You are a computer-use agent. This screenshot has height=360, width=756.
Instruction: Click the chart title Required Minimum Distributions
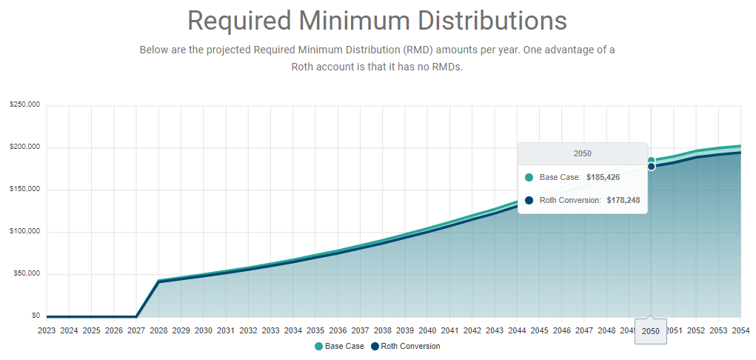(377, 21)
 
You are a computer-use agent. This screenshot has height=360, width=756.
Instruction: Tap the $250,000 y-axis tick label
(25, 105)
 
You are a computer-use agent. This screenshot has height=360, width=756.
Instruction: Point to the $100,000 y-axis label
(25, 232)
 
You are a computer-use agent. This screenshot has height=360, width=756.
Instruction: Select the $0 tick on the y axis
(36, 316)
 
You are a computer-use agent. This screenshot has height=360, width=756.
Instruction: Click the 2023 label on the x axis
(47, 330)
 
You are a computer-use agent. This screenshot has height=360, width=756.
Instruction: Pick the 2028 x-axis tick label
(158, 330)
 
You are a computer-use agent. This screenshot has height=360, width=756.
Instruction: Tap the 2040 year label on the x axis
(427, 330)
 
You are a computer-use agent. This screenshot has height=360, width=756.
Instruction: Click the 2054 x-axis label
(741, 330)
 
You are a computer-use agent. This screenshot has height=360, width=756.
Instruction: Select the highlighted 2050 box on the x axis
(651, 331)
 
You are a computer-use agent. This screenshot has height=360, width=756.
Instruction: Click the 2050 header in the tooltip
(583, 153)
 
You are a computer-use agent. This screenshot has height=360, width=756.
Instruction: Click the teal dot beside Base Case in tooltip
(529, 178)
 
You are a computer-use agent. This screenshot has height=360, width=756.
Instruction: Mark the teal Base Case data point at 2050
(652, 160)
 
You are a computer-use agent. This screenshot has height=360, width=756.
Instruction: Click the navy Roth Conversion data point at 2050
(652, 167)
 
